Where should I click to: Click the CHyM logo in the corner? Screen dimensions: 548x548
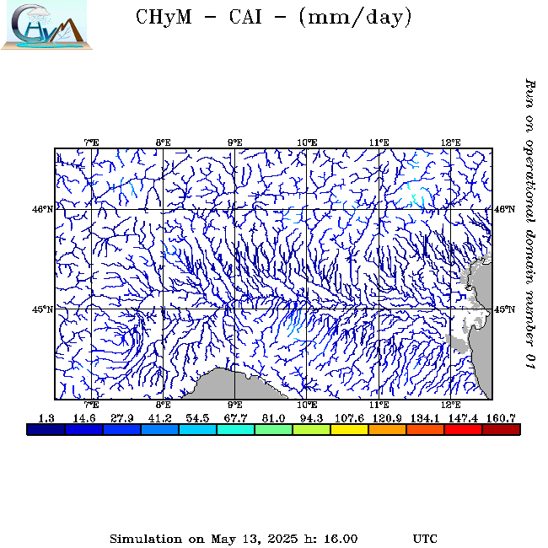43,24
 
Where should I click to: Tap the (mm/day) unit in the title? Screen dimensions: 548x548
355,18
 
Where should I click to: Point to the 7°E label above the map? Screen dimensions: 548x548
91,142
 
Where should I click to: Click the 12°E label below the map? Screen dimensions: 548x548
451,406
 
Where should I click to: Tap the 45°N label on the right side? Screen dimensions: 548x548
504,309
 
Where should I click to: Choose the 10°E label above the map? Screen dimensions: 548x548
307,142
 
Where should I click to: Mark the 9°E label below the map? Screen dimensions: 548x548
235,406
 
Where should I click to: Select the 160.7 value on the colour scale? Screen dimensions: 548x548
501,417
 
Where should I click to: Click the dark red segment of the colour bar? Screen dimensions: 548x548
501,429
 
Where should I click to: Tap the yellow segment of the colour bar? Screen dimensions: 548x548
349,429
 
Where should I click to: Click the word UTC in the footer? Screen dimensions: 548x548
425,538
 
